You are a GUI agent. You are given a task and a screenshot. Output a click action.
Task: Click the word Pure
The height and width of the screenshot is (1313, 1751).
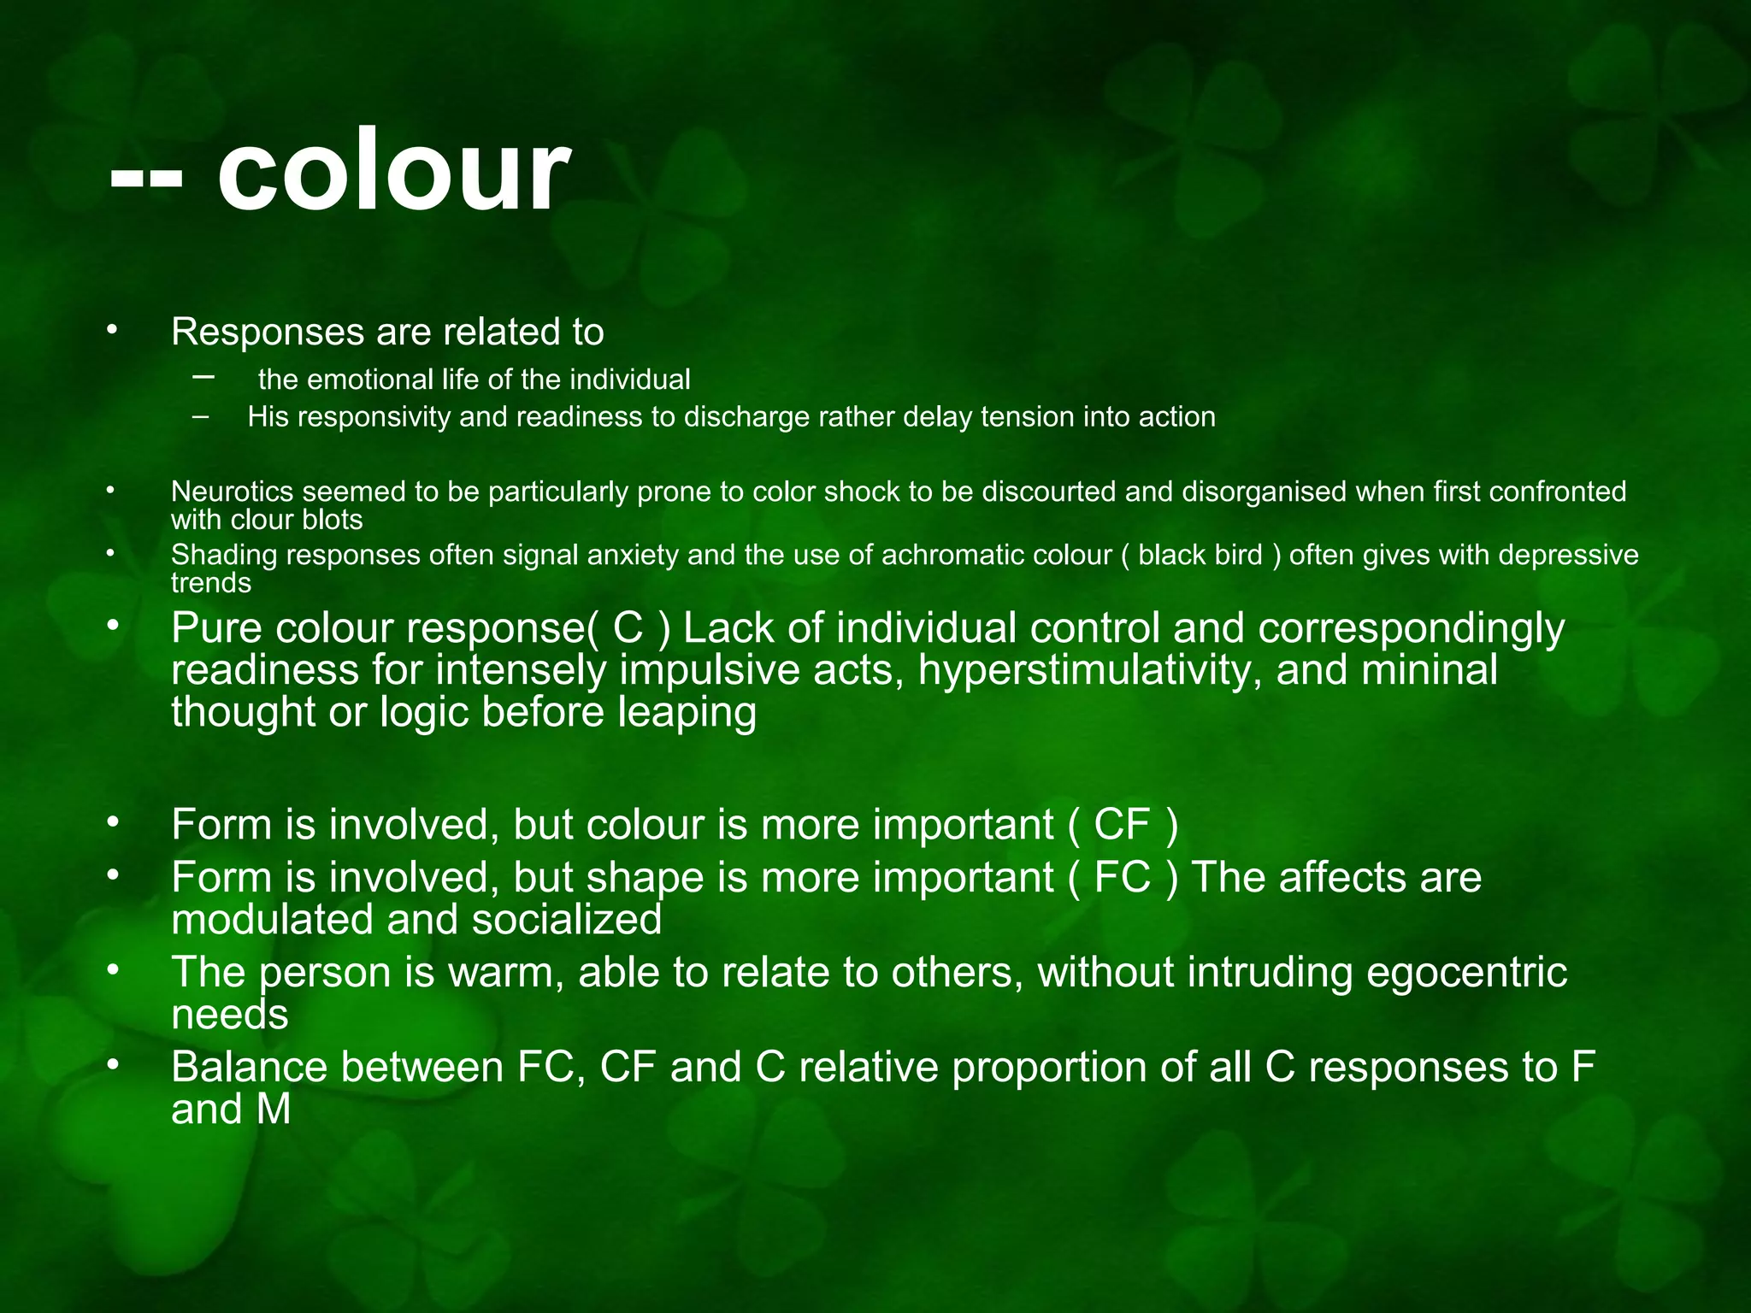pos(217,628)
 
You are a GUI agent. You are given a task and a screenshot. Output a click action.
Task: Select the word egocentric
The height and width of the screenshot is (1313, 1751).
pos(1466,973)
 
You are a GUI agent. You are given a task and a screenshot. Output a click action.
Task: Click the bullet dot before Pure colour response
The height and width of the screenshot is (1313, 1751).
pos(110,627)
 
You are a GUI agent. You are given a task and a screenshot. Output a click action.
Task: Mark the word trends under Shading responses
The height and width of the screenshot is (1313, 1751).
pos(211,583)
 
